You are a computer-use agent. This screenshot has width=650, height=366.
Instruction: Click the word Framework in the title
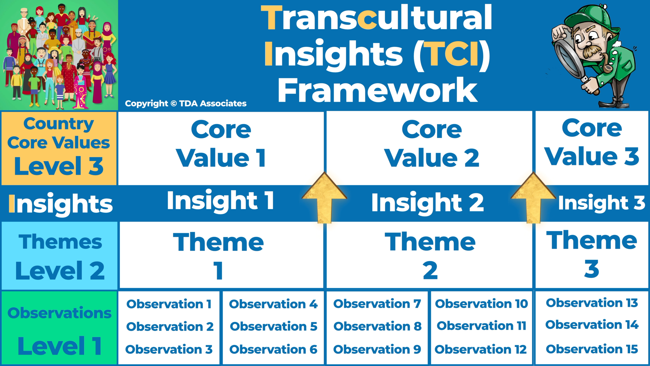pyautogui.click(x=378, y=90)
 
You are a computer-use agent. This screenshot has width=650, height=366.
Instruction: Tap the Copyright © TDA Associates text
pyautogui.click(x=186, y=103)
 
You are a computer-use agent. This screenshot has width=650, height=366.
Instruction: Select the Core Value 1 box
pyautogui.click(x=221, y=148)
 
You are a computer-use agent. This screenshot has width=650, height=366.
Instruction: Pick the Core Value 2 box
pyautogui.click(x=429, y=148)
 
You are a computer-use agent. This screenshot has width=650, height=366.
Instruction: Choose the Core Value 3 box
pyautogui.click(x=592, y=148)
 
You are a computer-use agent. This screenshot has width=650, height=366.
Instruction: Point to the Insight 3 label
pyautogui.click(x=602, y=203)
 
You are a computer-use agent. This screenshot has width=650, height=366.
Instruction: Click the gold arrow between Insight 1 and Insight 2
pyautogui.click(x=324, y=198)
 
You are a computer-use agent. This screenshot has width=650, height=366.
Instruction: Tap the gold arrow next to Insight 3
pyautogui.click(x=533, y=198)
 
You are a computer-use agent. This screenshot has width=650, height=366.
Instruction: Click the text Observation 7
pyautogui.click(x=377, y=304)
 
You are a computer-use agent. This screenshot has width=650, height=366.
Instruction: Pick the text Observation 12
pyautogui.click(x=481, y=349)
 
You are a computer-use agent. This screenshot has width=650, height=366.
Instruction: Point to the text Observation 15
pyautogui.click(x=592, y=349)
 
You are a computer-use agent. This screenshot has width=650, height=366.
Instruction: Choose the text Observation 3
pyautogui.click(x=169, y=349)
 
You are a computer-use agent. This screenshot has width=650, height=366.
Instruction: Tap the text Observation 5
pyautogui.click(x=273, y=326)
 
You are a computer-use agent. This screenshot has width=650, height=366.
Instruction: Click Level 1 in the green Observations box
pyautogui.click(x=60, y=346)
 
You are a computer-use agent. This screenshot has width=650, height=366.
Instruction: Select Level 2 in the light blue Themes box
pyautogui.click(x=60, y=270)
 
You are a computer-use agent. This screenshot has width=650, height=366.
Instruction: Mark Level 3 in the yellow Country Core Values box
pyautogui.click(x=59, y=166)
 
